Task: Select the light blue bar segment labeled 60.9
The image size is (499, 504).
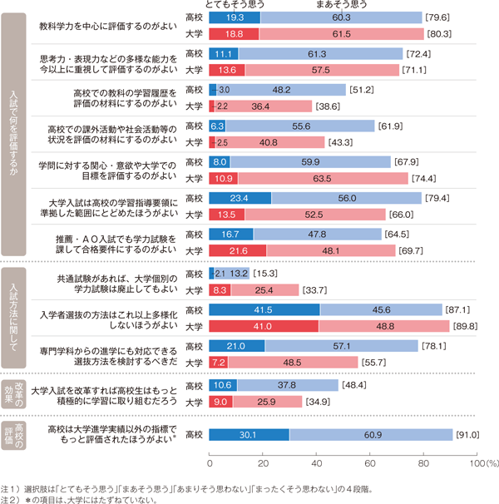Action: click(372, 433)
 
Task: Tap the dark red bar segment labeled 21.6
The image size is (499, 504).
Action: click(238, 250)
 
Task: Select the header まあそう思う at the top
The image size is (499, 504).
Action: click(343, 5)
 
